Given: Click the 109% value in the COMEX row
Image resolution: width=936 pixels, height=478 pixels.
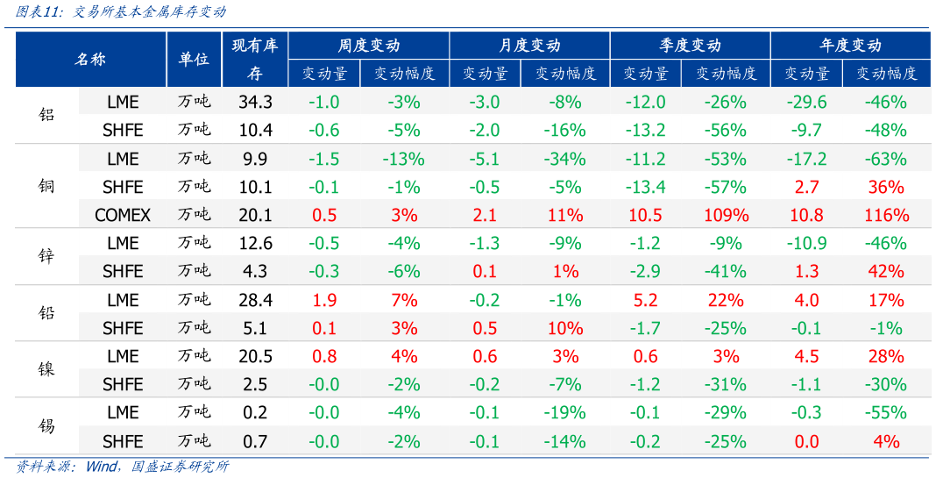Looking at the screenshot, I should [726, 215].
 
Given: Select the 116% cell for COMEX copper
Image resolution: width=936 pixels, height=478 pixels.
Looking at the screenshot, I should [886, 215].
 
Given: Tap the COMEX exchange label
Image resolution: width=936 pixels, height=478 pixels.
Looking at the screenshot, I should [123, 215].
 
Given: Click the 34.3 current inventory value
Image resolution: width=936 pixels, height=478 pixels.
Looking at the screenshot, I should [255, 102].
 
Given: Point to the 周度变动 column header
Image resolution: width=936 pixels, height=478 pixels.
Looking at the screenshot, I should [369, 46].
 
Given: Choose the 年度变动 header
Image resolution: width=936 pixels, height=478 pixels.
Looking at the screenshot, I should [850, 46].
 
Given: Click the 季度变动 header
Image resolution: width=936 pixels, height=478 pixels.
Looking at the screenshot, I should [690, 46].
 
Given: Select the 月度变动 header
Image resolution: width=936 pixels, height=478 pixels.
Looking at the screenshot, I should [529, 46].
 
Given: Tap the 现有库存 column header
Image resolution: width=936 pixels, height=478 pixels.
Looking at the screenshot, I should [255, 59].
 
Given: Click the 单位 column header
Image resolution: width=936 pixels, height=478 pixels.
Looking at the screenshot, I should [194, 59].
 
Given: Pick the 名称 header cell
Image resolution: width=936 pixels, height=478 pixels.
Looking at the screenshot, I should [90, 59].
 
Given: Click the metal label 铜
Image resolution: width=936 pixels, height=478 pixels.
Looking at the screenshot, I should [46, 187].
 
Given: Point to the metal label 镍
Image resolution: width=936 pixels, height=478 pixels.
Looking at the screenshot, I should [46, 369].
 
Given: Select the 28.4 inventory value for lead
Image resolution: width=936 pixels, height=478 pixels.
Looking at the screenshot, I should [255, 300].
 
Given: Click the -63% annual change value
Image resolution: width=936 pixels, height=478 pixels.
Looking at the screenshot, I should [886, 159].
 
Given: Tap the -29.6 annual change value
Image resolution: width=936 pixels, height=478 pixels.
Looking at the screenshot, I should [806, 102].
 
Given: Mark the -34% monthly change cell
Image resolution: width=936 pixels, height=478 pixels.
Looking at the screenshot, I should [565, 159].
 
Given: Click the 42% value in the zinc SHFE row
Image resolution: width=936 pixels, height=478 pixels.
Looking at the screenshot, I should [886, 271].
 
